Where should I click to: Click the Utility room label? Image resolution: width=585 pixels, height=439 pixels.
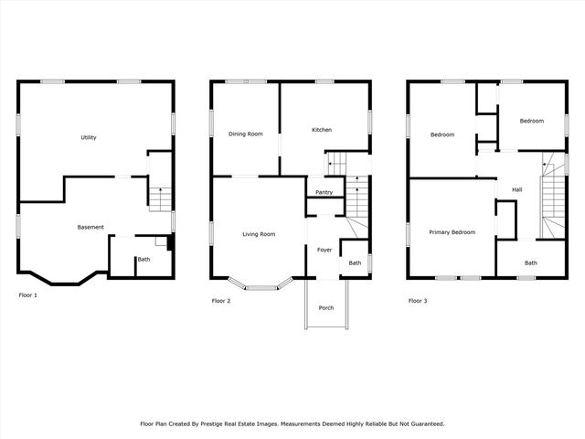(89, 137)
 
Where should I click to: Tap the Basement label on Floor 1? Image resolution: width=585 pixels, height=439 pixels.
(90, 227)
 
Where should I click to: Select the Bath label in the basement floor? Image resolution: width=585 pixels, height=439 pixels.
(144, 259)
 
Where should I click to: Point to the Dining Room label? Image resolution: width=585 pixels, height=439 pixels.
(245, 134)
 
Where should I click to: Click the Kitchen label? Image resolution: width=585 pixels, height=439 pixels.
(322, 130)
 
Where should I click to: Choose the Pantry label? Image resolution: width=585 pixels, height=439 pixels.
(324, 192)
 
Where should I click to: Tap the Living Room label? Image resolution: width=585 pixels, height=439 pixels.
(259, 234)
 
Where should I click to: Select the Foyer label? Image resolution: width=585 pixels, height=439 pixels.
(324, 249)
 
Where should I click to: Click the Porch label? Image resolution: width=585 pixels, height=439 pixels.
(325, 307)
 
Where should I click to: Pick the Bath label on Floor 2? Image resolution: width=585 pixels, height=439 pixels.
(355, 263)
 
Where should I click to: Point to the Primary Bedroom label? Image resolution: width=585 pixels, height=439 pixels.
(452, 232)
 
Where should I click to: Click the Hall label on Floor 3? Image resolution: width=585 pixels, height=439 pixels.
(516, 189)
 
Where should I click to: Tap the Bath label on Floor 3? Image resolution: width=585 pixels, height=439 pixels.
(531, 262)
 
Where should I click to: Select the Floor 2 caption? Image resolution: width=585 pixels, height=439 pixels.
(222, 301)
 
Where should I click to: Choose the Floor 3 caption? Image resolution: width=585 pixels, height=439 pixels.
(418, 301)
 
